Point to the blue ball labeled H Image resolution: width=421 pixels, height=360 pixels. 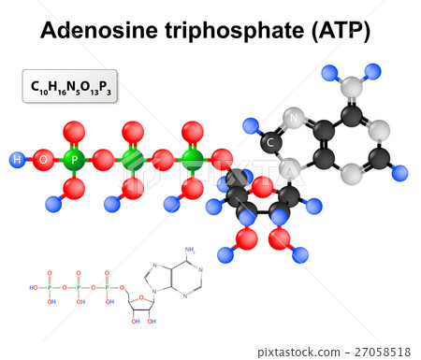(x=17, y=160)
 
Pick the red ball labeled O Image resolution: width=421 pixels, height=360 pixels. (x=43, y=160)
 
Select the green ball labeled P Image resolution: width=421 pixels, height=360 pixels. (x=74, y=160)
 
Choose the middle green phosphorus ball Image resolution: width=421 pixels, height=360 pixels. (x=133, y=159)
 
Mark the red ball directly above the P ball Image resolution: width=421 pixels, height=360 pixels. (x=74, y=130)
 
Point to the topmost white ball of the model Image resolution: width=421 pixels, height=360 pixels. (x=351, y=87)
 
